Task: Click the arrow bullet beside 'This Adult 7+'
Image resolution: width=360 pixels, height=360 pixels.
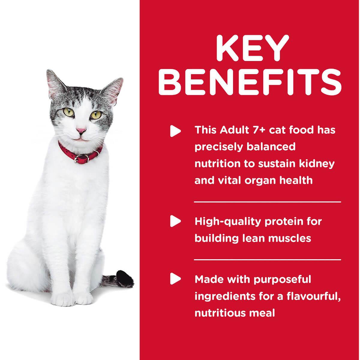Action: tap(175, 131)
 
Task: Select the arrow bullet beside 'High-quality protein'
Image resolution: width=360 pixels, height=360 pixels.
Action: tap(175, 221)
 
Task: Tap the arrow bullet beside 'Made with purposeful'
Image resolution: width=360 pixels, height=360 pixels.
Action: tap(175, 279)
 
